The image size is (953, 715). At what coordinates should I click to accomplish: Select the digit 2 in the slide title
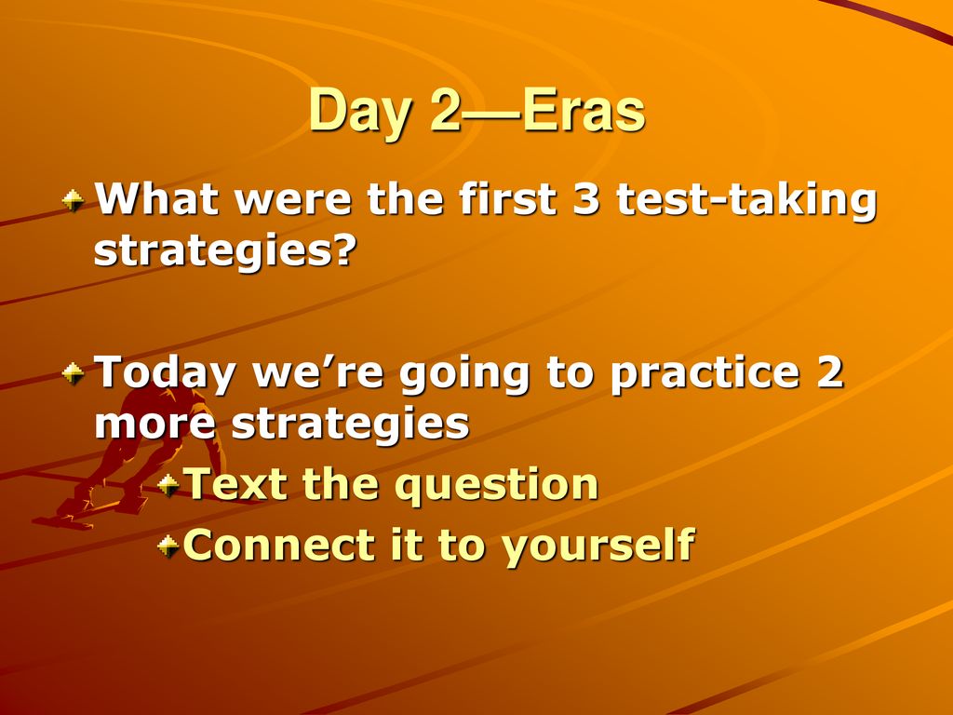pos(445,110)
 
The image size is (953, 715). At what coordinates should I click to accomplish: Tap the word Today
pos(165,373)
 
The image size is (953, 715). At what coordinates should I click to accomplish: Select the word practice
pos(705,373)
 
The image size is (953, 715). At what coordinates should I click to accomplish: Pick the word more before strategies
pos(155,424)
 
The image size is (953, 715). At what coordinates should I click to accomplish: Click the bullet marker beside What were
pos(73,201)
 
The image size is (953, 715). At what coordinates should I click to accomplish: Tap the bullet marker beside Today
pos(73,373)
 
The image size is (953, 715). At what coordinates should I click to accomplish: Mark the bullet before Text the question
pos(168,485)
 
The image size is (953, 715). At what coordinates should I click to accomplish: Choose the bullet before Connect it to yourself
pos(168,546)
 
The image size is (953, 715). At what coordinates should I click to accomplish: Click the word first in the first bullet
pos(508,197)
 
